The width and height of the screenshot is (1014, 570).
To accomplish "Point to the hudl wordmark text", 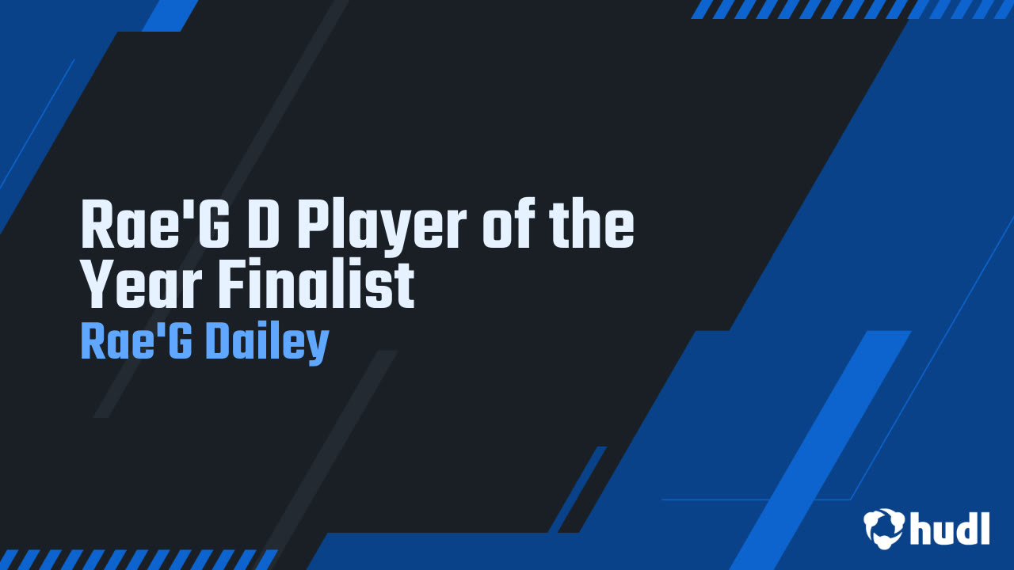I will pyautogui.click(x=950, y=528).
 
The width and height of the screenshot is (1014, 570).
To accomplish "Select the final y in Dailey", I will pyautogui.click(x=318, y=348).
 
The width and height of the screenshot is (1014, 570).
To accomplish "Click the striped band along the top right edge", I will pyautogui.click(x=851, y=9).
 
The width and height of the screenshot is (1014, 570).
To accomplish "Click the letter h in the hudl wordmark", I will pyautogui.click(x=921, y=528).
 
